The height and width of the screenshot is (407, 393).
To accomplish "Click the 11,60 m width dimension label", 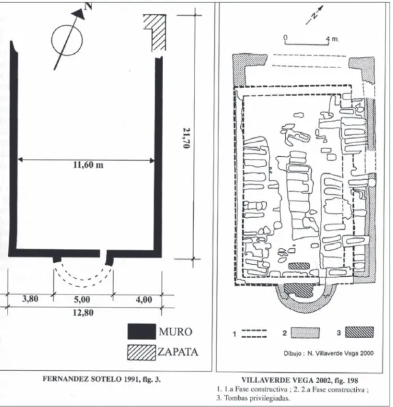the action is click(x=88, y=165).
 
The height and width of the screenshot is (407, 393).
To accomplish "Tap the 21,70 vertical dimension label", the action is click(x=186, y=138).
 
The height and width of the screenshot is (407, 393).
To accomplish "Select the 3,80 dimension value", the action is click(x=31, y=299).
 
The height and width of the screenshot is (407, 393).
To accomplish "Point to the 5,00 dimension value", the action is click(x=82, y=299).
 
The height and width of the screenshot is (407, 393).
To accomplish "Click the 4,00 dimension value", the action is click(x=144, y=299).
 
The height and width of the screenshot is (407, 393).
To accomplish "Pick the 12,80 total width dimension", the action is click(x=83, y=312).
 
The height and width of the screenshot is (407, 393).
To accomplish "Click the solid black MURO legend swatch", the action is click(x=141, y=331).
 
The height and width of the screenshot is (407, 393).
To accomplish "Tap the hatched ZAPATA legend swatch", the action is click(x=141, y=352).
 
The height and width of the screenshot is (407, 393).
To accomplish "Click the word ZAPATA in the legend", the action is click(x=178, y=352).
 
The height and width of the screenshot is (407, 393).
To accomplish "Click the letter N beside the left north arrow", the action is click(x=88, y=5).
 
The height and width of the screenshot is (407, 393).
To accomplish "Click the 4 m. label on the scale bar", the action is click(x=332, y=39).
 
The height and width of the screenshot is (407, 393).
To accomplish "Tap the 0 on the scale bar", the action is click(x=285, y=38).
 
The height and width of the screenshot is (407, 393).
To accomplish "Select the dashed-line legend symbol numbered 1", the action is click(x=254, y=334).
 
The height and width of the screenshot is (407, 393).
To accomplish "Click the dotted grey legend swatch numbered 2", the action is click(x=305, y=333).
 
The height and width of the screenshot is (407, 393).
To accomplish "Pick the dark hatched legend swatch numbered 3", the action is click(x=360, y=332).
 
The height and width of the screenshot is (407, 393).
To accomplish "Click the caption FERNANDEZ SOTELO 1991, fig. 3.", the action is click(x=102, y=379).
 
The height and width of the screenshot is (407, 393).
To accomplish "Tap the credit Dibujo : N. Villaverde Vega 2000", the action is click(x=329, y=353).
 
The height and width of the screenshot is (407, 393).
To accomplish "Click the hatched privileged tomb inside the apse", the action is click(x=298, y=290).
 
